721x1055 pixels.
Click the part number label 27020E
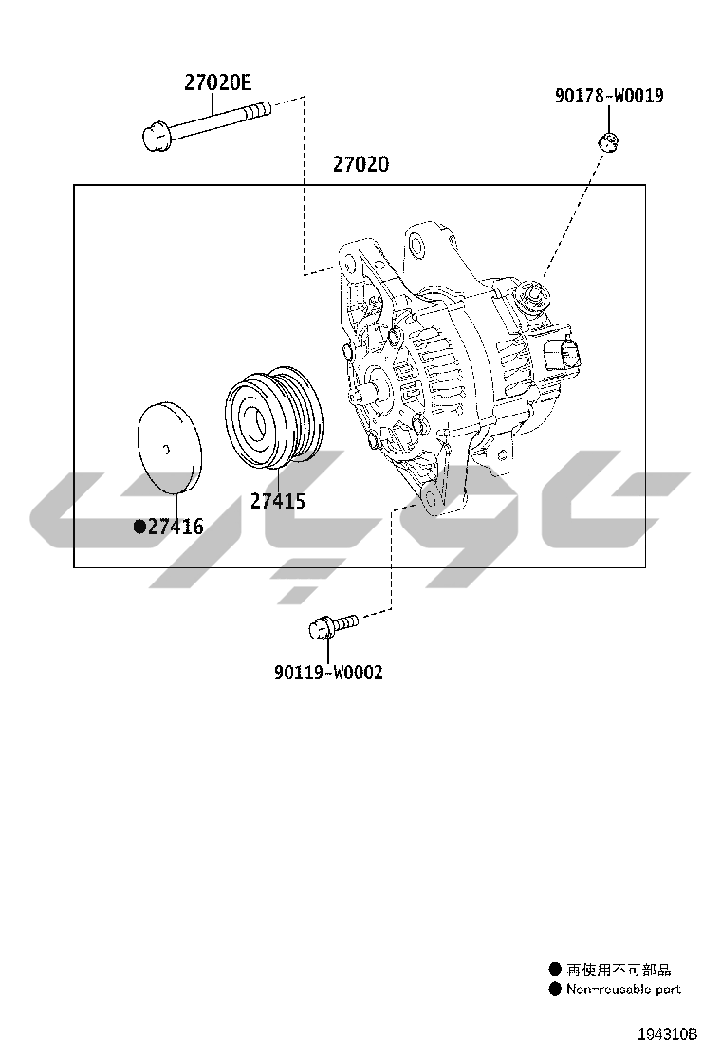(x=217, y=83)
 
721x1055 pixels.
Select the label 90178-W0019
(x=609, y=96)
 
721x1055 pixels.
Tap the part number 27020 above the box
(x=360, y=164)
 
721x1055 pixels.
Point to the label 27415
(x=278, y=501)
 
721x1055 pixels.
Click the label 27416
(x=176, y=527)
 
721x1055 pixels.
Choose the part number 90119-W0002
(x=328, y=672)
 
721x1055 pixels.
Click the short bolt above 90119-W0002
(x=333, y=626)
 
